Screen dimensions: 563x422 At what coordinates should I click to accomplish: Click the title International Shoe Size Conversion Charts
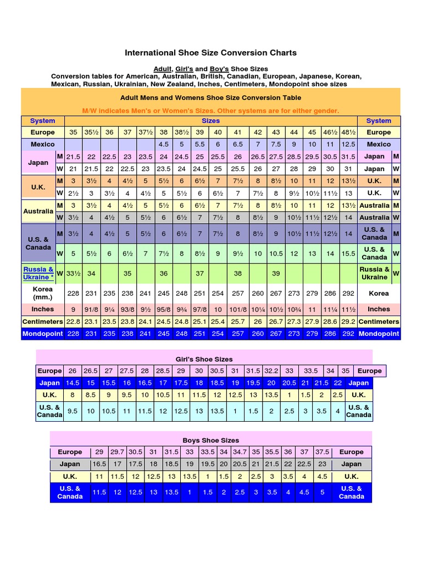coord(211,53)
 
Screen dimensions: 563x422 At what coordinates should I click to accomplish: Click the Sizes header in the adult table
coord(211,121)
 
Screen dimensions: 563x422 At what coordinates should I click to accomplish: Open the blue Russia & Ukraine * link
coord(38,273)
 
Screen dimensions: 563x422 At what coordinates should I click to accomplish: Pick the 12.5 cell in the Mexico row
coord(347,144)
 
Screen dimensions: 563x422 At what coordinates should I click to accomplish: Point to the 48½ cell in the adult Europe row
coord(347,133)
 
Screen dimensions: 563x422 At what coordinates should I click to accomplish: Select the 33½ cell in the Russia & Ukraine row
coord(74,273)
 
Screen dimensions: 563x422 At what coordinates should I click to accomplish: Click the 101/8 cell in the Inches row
coord(238,309)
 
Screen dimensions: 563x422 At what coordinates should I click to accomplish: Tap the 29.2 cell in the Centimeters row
coord(347,322)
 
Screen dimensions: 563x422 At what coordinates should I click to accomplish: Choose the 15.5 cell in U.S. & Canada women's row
coord(347,253)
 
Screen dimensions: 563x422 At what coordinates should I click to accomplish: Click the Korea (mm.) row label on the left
coord(43,293)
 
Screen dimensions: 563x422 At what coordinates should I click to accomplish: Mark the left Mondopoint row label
coord(43,333)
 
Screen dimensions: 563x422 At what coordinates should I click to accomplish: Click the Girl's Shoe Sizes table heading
coord(211,358)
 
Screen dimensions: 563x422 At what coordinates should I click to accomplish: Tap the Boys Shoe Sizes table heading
coord(211,440)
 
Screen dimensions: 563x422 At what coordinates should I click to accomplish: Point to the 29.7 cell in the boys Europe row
coord(117,452)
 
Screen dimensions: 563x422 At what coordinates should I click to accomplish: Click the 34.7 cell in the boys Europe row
coord(240,452)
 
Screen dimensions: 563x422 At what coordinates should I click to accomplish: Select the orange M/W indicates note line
coord(211,111)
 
